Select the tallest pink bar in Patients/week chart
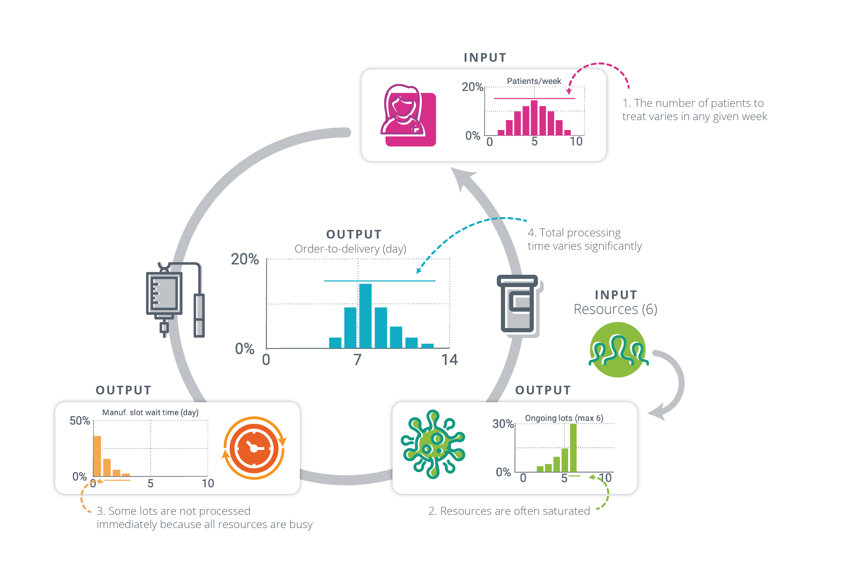coord(534,117)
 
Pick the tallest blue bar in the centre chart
coord(365,315)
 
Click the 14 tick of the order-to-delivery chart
coord(449,360)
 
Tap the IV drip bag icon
coord(164,294)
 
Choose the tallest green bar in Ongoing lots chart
coord(573,447)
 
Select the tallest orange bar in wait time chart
coord(97,456)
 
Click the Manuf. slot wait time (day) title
coord(150,412)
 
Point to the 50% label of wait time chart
coord(80,420)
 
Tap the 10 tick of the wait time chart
coord(208,483)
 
